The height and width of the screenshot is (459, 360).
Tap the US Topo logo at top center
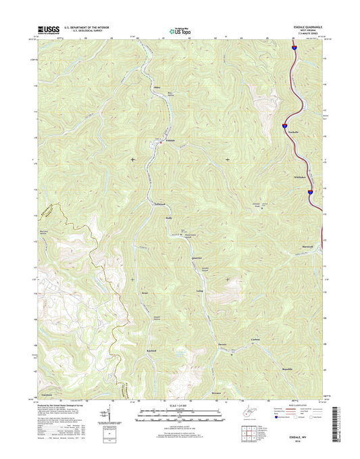[180, 30]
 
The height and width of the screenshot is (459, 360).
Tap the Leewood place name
[159, 203]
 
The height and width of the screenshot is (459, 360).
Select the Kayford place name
[152, 351]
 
